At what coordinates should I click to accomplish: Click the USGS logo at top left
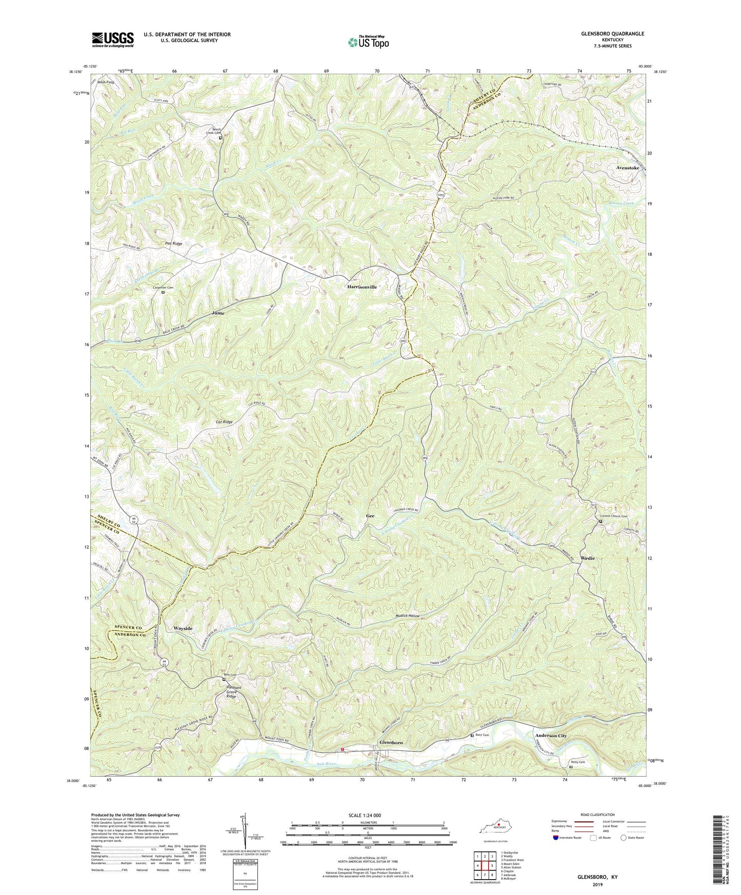pyautogui.click(x=113, y=39)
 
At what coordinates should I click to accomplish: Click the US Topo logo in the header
pyautogui.click(x=368, y=42)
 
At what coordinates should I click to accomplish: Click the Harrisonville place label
pyautogui.click(x=362, y=287)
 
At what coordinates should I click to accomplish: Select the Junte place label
pyautogui.click(x=218, y=312)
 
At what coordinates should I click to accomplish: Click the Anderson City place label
pyautogui.click(x=551, y=736)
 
